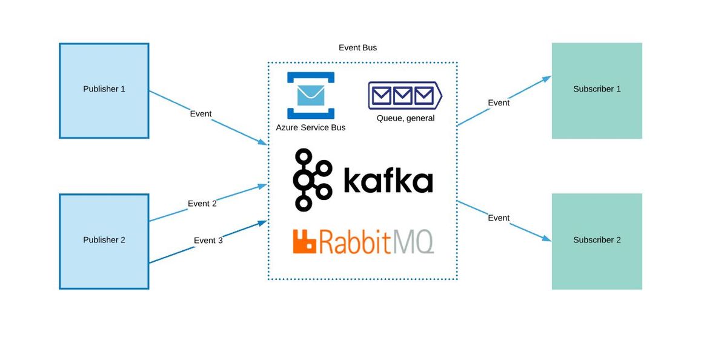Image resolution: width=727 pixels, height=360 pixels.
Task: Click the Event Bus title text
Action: tap(357, 47)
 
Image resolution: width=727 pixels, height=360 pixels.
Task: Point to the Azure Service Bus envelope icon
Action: tap(311, 95)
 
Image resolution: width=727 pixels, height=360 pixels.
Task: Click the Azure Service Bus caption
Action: tap(311, 127)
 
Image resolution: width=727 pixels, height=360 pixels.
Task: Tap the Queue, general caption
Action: tap(405, 118)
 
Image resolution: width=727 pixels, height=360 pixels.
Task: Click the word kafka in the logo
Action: tap(388, 181)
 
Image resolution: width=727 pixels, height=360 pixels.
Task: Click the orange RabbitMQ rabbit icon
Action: tap(305, 241)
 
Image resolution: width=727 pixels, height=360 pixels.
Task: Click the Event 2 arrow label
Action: tap(202, 204)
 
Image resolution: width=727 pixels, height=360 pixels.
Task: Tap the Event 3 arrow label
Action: tap(208, 240)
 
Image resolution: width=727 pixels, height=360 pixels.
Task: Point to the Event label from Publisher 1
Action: tap(201, 113)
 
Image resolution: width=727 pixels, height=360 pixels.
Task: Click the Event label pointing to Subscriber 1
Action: tap(499, 102)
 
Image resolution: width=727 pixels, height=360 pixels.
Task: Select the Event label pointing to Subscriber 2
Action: tap(499, 218)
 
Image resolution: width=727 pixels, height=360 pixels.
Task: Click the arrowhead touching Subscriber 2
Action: tap(547, 239)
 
